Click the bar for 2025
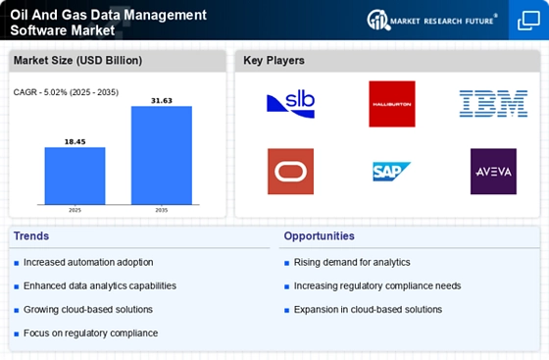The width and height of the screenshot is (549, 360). click(75, 176)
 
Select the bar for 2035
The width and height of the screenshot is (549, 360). click(162, 155)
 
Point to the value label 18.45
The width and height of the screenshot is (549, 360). click(75, 141)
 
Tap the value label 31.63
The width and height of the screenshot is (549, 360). click(162, 100)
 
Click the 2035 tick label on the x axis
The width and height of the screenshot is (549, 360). click(162, 210)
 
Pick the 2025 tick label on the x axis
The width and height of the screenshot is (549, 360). click(75, 210)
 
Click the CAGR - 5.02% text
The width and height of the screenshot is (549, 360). click(40, 92)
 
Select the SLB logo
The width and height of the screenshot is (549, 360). click(290, 104)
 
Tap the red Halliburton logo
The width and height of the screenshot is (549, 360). click(392, 104)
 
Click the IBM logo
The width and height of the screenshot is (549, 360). click(493, 103)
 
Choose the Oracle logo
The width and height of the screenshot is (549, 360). click(290, 172)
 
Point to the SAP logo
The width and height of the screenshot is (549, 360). click(391, 172)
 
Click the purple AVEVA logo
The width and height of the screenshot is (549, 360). click(493, 172)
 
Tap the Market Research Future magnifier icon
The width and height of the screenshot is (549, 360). click(378, 20)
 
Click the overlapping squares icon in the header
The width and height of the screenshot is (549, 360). click(528, 21)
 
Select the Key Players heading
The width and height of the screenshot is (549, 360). click(274, 60)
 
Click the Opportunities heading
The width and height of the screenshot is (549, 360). click(319, 235)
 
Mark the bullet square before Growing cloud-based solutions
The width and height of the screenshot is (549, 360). click(16, 310)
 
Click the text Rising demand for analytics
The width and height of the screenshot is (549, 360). click(352, 262)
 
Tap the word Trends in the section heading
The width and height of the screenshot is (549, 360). click(31, 235)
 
